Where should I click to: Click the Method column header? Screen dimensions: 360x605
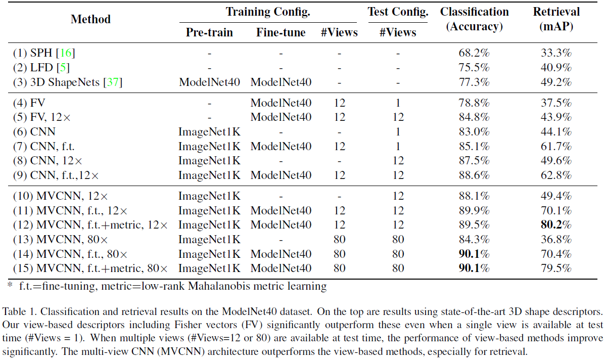90,20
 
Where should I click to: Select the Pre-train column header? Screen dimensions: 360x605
209,32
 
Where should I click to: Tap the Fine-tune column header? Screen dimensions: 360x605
281,32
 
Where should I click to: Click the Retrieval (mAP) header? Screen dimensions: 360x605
556,19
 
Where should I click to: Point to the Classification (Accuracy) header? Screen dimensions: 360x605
474,19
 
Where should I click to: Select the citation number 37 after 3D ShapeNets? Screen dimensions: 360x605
114,82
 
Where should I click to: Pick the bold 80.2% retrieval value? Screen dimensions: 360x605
556,224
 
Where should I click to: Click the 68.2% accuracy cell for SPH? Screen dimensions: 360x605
474,53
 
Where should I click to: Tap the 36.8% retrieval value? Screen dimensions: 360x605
556,239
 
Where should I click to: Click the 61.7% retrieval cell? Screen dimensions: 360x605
556,147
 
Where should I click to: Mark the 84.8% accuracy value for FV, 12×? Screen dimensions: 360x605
474,117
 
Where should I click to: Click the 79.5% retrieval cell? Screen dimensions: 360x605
556,268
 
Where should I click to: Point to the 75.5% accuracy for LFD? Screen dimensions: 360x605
474,67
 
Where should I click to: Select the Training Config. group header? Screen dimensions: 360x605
268,12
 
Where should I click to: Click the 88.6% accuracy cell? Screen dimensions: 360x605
474,175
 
